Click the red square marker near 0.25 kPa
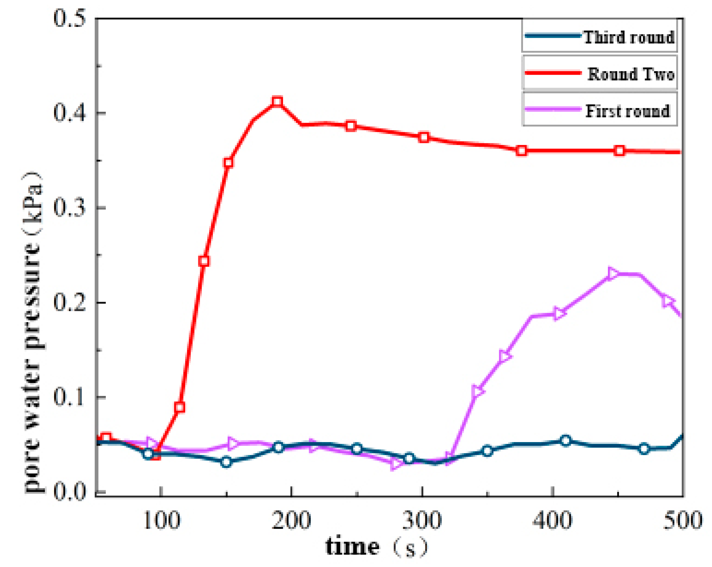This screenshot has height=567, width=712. [204, 261]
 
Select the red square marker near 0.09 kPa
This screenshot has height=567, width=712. [180, 407]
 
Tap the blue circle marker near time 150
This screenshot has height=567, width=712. [226, 462]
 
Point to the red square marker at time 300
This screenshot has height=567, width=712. [424, 137]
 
